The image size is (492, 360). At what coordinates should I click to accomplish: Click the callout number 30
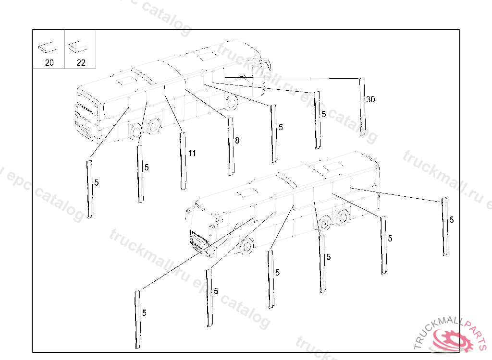click(370, 99)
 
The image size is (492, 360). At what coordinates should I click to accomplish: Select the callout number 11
click(192, 154)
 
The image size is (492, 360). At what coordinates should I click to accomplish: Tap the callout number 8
click(237, 141)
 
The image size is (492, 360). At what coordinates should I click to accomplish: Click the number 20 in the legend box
click(49, 63)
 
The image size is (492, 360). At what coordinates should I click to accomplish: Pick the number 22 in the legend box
click(80, 63)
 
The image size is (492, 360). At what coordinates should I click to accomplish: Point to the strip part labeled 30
click(362, 107)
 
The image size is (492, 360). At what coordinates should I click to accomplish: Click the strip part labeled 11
click(183, 161)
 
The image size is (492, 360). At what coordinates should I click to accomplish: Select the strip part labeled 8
click(231, 146)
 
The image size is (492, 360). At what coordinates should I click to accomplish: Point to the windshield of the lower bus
click(204, 221)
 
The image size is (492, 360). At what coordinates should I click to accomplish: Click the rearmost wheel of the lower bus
click(343, 217)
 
